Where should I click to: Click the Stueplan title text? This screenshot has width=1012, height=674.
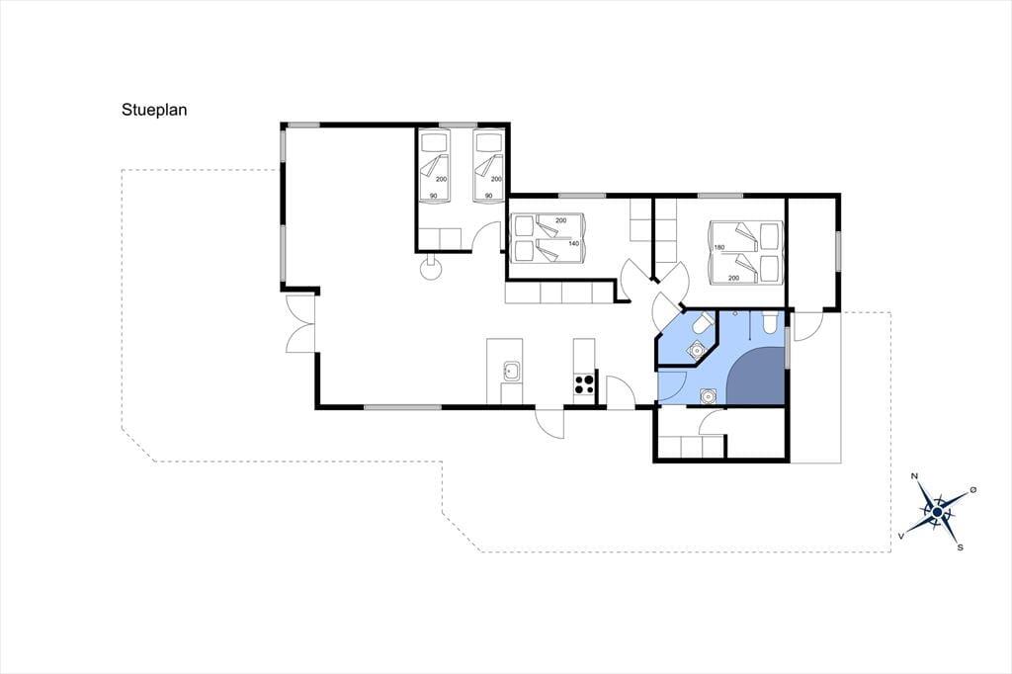click(154, 110)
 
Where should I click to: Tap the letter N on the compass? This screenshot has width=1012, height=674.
click(914, 475)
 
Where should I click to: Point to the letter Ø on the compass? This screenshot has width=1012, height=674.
click(972, 490)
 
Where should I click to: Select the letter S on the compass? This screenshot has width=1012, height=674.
click(961, 548)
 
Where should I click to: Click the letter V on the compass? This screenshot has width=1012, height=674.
click(901, 536)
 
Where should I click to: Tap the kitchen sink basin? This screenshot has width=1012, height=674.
click(511, 372)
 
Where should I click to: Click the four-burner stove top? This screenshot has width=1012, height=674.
click(585, 384)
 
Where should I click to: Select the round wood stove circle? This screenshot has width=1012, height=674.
click(431, 268)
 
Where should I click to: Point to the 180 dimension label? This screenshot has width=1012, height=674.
click(719, 247)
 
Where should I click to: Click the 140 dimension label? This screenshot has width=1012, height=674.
click(574, 243)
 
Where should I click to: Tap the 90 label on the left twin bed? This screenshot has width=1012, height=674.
click(433, 196)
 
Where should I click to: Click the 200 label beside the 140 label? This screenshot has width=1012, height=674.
click(561, 220)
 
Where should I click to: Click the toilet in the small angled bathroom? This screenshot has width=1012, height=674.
click(705, 321)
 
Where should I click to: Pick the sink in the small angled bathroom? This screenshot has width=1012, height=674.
click(696, 349)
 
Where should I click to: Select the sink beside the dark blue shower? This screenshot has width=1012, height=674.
click(708, 396)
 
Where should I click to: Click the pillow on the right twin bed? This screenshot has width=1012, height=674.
click(488, 140)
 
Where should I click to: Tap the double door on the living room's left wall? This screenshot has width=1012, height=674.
click(300, 323)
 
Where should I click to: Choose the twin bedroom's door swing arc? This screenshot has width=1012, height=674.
click(485, 235)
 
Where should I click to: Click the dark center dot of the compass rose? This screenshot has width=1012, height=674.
click(937, 512)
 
